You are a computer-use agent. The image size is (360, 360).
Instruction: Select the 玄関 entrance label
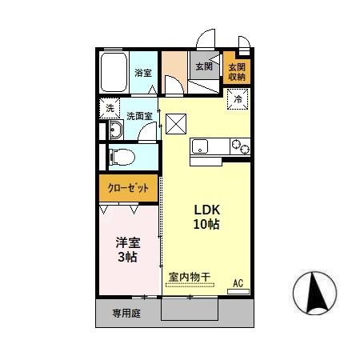pos(203,66)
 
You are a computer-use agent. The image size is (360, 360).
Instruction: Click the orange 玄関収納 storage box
pos(237,71)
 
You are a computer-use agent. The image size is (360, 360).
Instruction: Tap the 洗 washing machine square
pos(110,109)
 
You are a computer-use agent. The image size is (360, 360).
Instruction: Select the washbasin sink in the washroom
pos(114,132)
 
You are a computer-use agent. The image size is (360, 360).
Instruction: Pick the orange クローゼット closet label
pos(129,188)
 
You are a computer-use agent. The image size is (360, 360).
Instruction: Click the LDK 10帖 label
pos(206,217)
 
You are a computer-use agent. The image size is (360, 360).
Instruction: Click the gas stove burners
pos(239,146)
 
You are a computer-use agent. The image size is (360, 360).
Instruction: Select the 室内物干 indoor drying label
pos(190,278)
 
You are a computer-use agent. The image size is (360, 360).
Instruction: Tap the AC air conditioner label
pos(238,282)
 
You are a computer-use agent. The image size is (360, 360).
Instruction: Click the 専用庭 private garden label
pos(126,314)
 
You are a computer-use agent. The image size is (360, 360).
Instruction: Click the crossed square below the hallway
pos(175,123)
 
